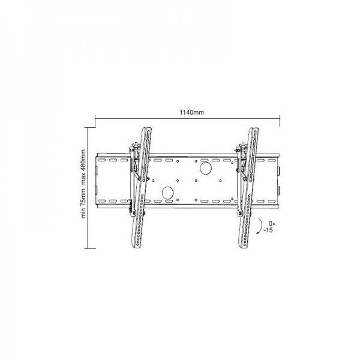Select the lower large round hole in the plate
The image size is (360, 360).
point(168,193)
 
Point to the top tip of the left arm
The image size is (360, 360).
point(146,127)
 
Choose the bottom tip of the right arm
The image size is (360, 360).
point(246,247)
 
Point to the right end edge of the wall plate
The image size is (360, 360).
point(280,179)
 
